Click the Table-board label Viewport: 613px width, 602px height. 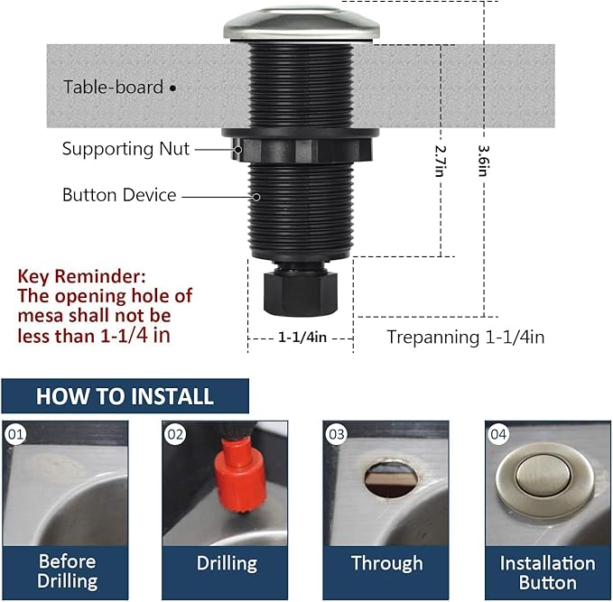click(114, 88)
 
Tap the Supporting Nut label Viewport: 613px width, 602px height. click(125, 149)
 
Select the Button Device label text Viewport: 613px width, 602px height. click(119, 195)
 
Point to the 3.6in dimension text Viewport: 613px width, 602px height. click(484, 160)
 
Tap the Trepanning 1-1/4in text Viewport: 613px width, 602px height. click(465, 337)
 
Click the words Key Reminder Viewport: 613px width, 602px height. click(81, 275)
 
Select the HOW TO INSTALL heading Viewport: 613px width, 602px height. click(125, 395)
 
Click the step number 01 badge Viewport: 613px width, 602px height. click(15, 434)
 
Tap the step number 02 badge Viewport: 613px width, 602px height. click(175, 434)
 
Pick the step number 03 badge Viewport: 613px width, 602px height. click(336, 434)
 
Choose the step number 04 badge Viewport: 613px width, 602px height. click(498, 434)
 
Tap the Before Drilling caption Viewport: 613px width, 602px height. click(67, 571)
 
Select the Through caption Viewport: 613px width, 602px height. click(386, 563)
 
